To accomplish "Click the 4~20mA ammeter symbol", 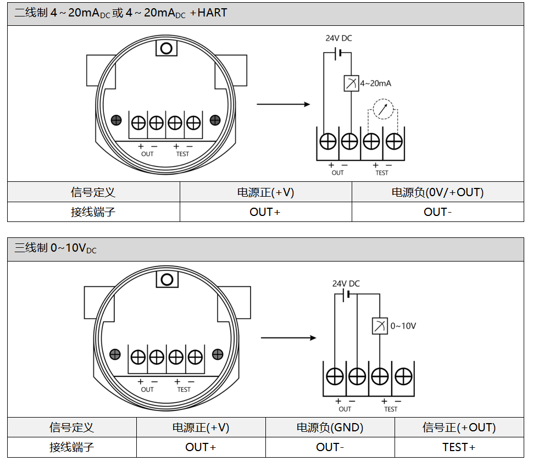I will [x=351, y=83].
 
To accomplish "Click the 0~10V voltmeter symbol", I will [x=380, y=326].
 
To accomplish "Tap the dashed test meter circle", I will [x=384, y=109].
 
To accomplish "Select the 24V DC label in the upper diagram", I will [x=338, y=38].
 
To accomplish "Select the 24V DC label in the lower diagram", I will [x=346, y=284].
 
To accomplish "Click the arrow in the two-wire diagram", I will [x=284, y=104].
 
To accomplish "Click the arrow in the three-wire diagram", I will [x=288, y=337].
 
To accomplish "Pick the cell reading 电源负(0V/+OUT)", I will [x=437, y=192].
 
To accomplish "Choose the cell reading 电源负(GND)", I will [x=330, y=427].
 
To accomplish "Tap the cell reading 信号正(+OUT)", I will [x=459, y=427].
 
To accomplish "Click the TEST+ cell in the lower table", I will [x=459, y=447].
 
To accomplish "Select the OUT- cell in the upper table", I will [x=437, y=212].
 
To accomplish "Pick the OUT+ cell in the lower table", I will [x=201, y=447].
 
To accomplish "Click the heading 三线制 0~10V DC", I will [x=55, y=248].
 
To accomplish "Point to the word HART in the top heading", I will [x=212, y=13].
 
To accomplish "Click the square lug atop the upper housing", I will [x=166, y=48].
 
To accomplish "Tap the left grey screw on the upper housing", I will [x=116, y=120].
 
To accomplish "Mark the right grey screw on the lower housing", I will [x=217, y=354].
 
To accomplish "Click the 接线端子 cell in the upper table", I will [x=93, y=212].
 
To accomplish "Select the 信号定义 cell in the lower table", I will [x=71, y=427].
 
